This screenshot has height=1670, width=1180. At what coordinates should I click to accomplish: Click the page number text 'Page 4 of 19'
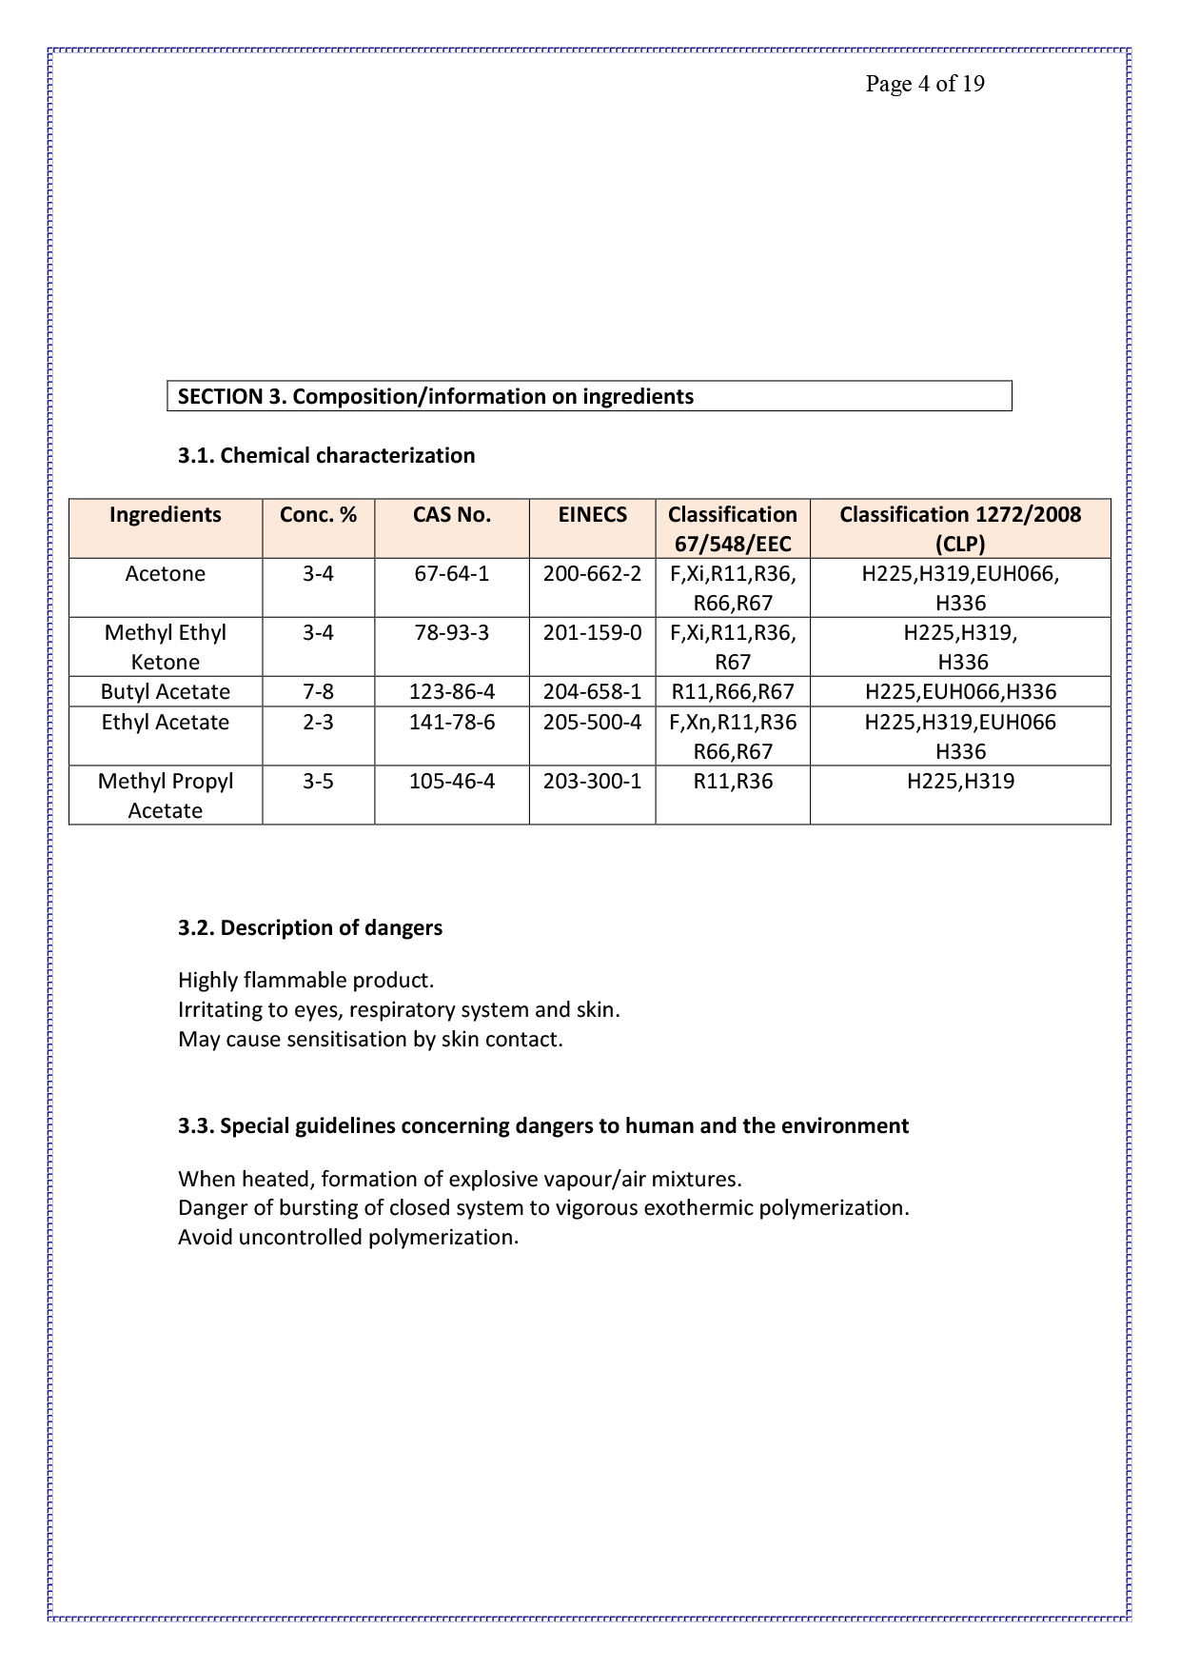[x=924, y=84]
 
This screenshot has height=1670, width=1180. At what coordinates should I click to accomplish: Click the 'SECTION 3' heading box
[x=588, y=396]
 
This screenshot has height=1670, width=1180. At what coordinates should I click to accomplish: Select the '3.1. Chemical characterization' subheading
[x=326, y=455]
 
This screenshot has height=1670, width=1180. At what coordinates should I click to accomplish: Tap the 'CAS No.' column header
[x=452, y=515]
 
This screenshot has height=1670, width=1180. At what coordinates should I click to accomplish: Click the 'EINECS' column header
[x=592, y=515]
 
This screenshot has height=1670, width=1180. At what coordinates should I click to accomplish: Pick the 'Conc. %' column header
[x=318, y=515]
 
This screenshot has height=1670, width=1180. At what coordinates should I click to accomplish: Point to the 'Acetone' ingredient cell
[x=166, y=574]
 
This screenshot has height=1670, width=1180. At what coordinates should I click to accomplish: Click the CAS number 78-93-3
[x=452, y=633]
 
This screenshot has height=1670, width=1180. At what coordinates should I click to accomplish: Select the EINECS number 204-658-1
[x=592, y=692]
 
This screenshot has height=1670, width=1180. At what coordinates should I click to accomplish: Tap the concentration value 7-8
[x=318, y=692]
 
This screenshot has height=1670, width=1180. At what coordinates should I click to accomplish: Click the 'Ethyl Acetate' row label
[x=166, y=722]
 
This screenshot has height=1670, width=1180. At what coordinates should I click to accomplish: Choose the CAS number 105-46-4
[x=452, y=782]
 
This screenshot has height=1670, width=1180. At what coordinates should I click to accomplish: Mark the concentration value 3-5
[x=318, y=782]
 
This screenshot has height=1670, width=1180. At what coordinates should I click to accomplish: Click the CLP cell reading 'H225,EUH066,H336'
[x=960, y=692]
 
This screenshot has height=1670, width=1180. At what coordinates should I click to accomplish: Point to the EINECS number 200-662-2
[x=592, y=574]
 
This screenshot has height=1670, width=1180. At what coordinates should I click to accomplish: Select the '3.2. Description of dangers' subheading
[x=310, y=927]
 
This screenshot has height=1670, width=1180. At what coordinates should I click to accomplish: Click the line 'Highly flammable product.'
[x=305, y=980]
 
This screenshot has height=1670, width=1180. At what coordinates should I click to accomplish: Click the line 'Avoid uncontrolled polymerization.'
[x=348, y=1237]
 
